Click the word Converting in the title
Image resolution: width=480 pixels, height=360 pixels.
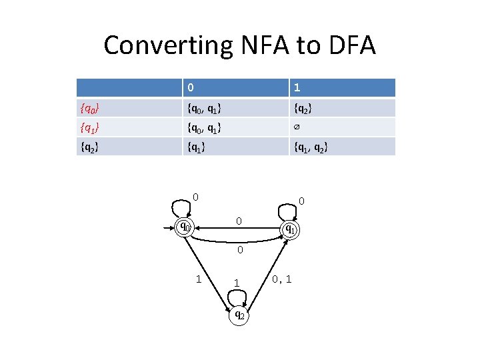point(167,45)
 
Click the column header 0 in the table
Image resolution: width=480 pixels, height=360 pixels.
point(191,87)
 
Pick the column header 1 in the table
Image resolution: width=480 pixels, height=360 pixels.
point(297,87)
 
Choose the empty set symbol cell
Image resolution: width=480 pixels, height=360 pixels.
point(297,127)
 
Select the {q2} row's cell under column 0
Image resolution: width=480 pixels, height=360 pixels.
point(196,146)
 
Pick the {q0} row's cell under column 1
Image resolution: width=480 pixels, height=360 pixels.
point(304,107)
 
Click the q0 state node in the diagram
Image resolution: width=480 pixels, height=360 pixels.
point(184,227)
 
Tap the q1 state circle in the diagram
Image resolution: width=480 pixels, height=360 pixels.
point(289,229)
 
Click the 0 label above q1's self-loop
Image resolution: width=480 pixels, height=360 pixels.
point(302,201)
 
